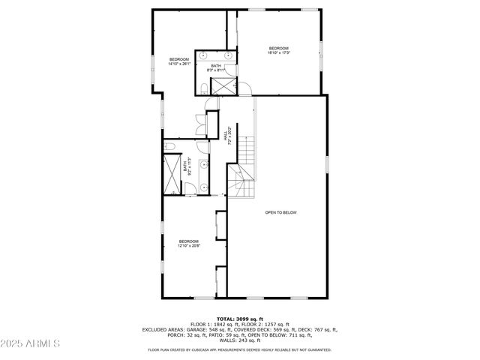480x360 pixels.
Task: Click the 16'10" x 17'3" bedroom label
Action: (x=278, y=50)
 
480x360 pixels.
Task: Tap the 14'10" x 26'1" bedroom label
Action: (x=179, y=61)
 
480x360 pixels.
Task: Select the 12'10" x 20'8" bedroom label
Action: (x=188, y=243)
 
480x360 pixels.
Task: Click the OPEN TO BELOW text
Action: (x=281, y=212)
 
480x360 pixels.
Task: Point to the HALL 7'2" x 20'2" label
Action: (x=226, y=133)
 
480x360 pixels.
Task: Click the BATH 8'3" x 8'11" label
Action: (x=216, y=67)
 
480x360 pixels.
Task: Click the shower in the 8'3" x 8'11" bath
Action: (x=223, y=85)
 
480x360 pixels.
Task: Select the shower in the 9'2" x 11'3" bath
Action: (x=172, y=174)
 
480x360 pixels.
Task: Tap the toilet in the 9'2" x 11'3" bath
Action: (x=171, y=145)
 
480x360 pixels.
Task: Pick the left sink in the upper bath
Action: (x=205, y=56)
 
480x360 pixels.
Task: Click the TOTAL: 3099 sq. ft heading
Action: (x=240, y=319)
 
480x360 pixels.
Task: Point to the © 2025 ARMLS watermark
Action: (x=31, y=343)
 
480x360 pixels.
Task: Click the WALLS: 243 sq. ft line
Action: (x=240, y=340)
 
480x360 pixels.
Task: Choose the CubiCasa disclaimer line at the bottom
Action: (x=240, y=349)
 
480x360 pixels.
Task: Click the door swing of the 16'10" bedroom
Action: (x=244, y=89)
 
